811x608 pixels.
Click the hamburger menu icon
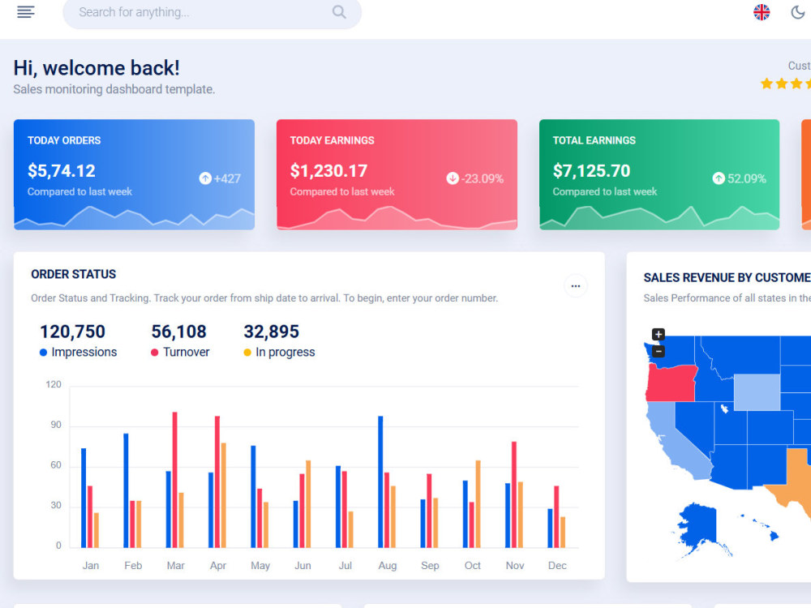(26, 12)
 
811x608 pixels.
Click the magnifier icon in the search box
(339, 12)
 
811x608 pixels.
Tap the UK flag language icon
(762, 12)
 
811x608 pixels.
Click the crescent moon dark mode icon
(798, 12)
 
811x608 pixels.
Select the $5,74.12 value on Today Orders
(62, 170)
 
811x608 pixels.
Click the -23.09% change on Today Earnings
(474, 178)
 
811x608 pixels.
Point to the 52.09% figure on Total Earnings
(739, 178)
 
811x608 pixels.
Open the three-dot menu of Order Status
(576, 286)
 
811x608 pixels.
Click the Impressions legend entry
(78, 352)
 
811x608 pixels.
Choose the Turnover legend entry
(180, 352)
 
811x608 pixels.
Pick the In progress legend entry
(279, 352)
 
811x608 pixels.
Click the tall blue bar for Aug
(380, 482)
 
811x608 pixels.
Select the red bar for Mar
(175, 480)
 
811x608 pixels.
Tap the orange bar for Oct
(478, 504)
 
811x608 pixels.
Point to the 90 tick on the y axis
(56, 425)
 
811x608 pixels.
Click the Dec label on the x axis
(557, 566)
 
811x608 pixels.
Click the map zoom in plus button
(658, 334)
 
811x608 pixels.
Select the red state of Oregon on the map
(671, 383)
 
